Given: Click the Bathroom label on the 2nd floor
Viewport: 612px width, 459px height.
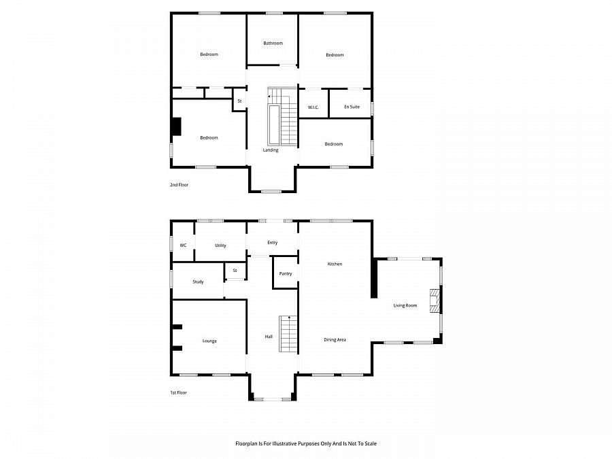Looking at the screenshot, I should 273,44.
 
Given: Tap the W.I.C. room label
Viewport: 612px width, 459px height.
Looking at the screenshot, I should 313,107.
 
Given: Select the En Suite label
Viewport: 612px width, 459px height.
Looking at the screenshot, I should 351,107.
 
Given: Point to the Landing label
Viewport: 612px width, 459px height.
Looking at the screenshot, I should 271,150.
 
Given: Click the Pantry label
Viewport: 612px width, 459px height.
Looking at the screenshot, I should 286,274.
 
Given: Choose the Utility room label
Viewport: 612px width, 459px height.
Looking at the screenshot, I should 220,245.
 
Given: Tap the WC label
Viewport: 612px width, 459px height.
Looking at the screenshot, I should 183,245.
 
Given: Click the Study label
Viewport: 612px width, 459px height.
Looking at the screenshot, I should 198,282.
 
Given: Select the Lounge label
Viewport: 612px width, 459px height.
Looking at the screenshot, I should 209,341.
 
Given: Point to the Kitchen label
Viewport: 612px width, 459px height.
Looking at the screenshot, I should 335,264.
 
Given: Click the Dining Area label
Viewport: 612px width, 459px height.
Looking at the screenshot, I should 335,339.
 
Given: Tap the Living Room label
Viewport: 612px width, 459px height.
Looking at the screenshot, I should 405,305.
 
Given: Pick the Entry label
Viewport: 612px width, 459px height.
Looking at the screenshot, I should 273,243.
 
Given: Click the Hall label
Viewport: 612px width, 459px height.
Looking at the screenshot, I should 269,337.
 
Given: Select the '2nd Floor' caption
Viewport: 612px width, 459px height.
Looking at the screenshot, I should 179,185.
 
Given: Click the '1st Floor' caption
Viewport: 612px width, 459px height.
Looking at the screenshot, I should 178,392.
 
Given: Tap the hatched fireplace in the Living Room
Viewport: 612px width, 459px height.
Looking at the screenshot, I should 434,301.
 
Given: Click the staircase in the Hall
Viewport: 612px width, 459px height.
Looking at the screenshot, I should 289,334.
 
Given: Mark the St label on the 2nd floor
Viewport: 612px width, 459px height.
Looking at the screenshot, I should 239,101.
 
